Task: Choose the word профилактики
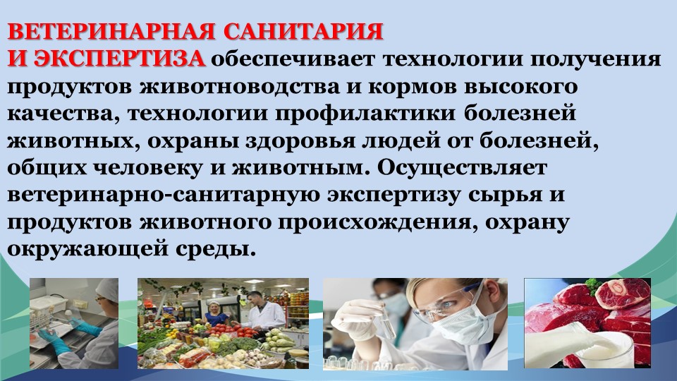coord(365,114)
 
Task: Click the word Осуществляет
coord(463,168)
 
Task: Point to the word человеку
coord(148,168)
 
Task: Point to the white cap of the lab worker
coord(106,289)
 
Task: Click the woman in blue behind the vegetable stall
coord(216,314)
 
